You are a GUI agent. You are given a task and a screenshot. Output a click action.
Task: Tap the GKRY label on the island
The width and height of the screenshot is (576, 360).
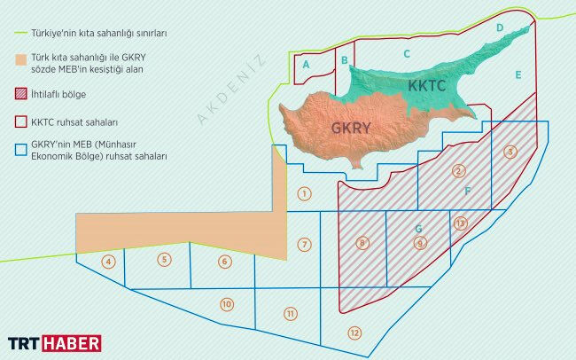pyautogui.click(x=350, y=127)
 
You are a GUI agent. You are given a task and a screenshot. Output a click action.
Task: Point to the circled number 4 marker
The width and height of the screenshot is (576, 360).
pyautogui.click(x=108, y=261)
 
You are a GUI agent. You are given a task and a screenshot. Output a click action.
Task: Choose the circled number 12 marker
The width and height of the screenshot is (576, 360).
pyautogui.click(x=354, y=333)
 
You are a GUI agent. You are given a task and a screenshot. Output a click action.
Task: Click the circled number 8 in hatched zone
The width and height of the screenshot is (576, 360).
pyautogui.click(x=362, y=242)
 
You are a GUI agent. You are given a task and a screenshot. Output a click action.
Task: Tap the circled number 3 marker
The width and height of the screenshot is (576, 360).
pyautogui.click(x=510, y=152)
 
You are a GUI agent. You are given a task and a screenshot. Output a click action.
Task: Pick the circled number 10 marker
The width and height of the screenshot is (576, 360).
pyautogui.click(x=227, y=304)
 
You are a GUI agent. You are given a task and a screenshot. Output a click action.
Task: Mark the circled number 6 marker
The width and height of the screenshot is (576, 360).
pyautogui.click(x=224, y=261)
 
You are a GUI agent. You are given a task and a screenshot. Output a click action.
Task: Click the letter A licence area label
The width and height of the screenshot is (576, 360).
pyautogui.click(x=306, y=64)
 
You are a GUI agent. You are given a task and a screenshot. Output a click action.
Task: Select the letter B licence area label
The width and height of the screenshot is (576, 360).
pyautogui.click(x=344, y=59)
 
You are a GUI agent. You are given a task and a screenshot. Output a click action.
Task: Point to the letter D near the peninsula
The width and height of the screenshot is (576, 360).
pyautogui.click(x=500, y=28)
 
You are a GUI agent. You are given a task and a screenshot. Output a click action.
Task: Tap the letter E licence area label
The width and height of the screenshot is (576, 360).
pyautogui.click(x=518, y=74)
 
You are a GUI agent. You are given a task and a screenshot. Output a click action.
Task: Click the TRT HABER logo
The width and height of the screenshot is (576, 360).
pyautogui.click(x=54, y=343)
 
